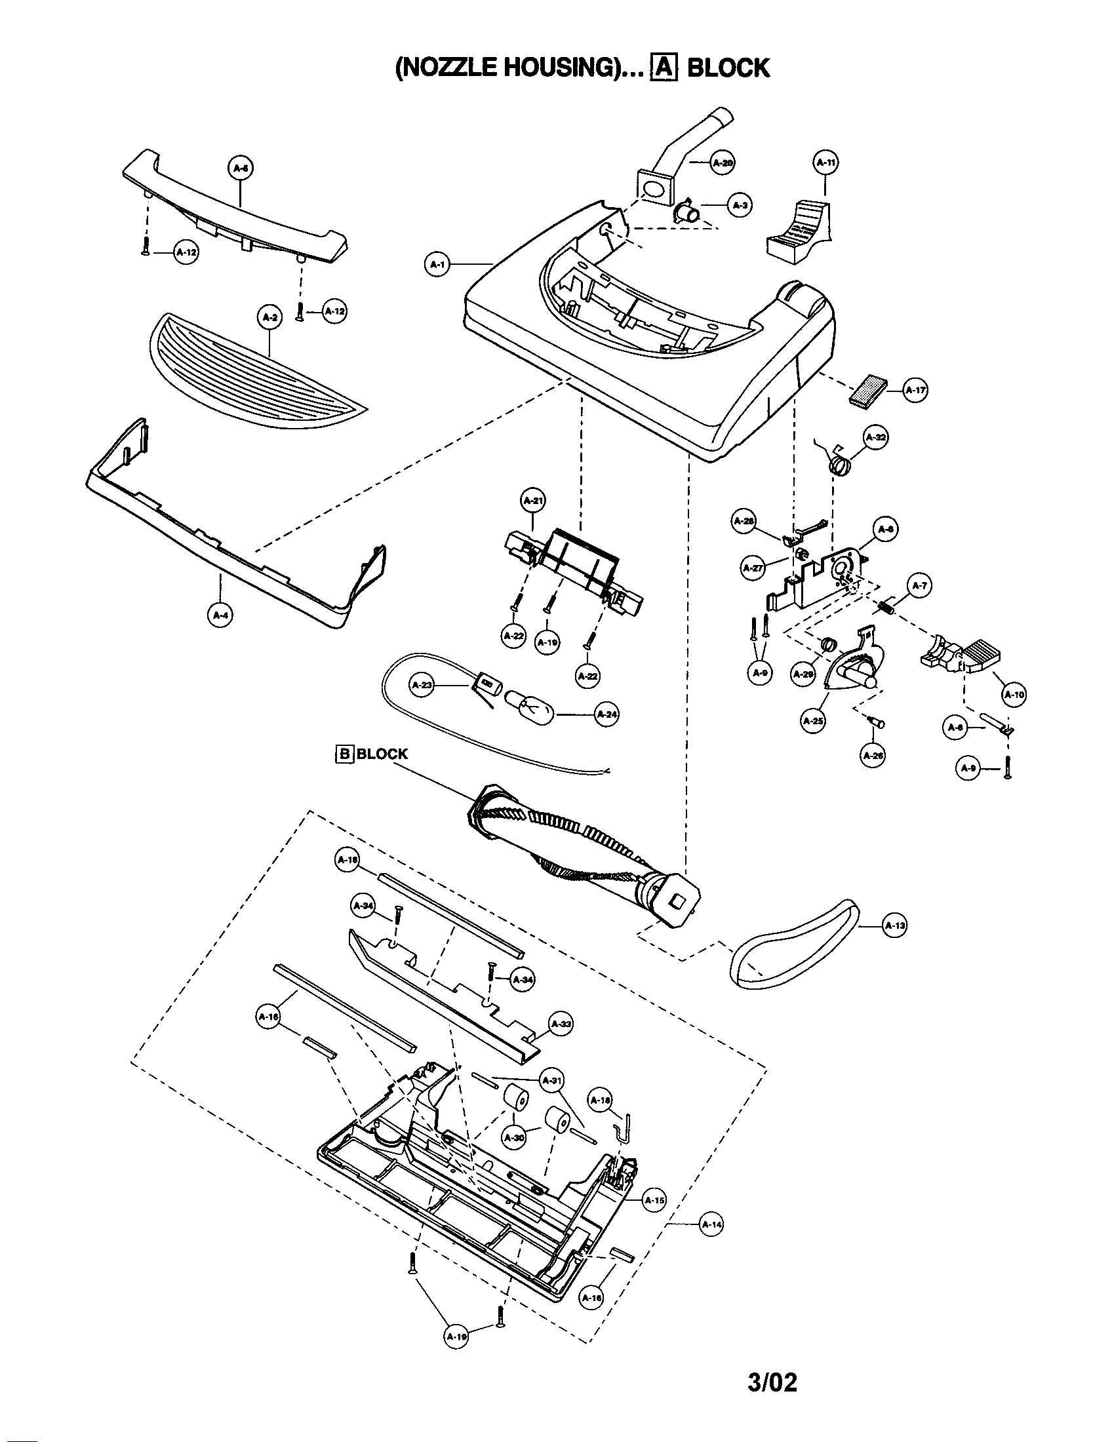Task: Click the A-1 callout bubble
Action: (436, 265)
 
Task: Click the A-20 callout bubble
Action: (723, 163)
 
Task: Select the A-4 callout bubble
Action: (220, 615)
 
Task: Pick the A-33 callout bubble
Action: (561, 1024)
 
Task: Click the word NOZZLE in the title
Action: (448, 68)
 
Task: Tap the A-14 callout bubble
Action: (711, 1224)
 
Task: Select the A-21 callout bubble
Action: (533, 501)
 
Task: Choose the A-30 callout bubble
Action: (515, 1137)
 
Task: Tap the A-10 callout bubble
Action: (1014, 694)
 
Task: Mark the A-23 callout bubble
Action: (422, 686)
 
